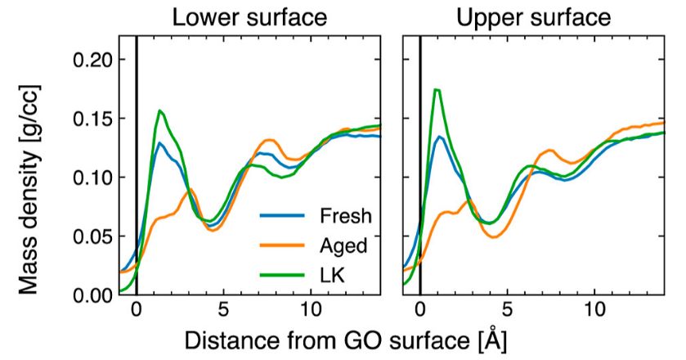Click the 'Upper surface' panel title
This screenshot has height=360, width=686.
(534, 17)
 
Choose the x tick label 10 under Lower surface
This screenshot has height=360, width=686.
(311, 312)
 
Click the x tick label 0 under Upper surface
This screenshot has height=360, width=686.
(419, 312)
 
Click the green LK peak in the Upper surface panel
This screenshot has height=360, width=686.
(437, 89)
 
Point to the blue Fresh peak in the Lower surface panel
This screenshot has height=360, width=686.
(161, 143)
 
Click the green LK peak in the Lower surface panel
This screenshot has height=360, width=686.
(160, 110)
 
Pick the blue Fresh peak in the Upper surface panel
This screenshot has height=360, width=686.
(440, 137)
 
